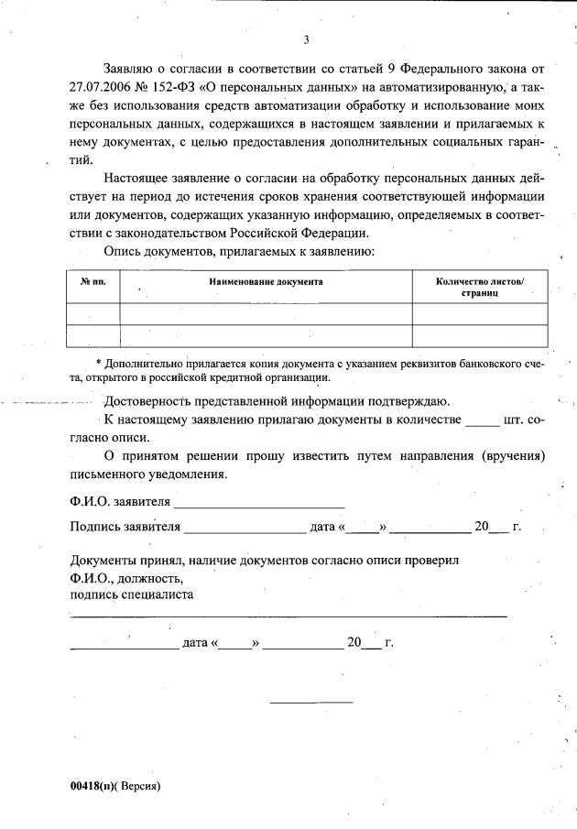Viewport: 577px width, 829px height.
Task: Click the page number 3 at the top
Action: [x=306, y=39]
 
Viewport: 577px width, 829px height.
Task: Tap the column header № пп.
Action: [x=93, y=282]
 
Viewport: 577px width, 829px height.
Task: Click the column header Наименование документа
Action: [x=266, y=282]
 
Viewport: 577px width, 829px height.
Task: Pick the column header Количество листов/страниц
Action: [x=480, y=289]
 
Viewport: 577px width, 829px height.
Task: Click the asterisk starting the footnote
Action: [x=99, y=365]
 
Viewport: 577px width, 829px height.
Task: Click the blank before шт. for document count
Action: [x=484, y=420]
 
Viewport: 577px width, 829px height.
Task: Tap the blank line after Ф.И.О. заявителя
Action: [x=259, y=501]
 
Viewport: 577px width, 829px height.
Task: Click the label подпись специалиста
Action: [x=131, y=594]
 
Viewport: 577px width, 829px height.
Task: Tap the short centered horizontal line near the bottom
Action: [x=310, y=703]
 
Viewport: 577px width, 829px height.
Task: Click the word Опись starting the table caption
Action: [x=124, y=251]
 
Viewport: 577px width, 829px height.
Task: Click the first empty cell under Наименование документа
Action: [x=266, y=314]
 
